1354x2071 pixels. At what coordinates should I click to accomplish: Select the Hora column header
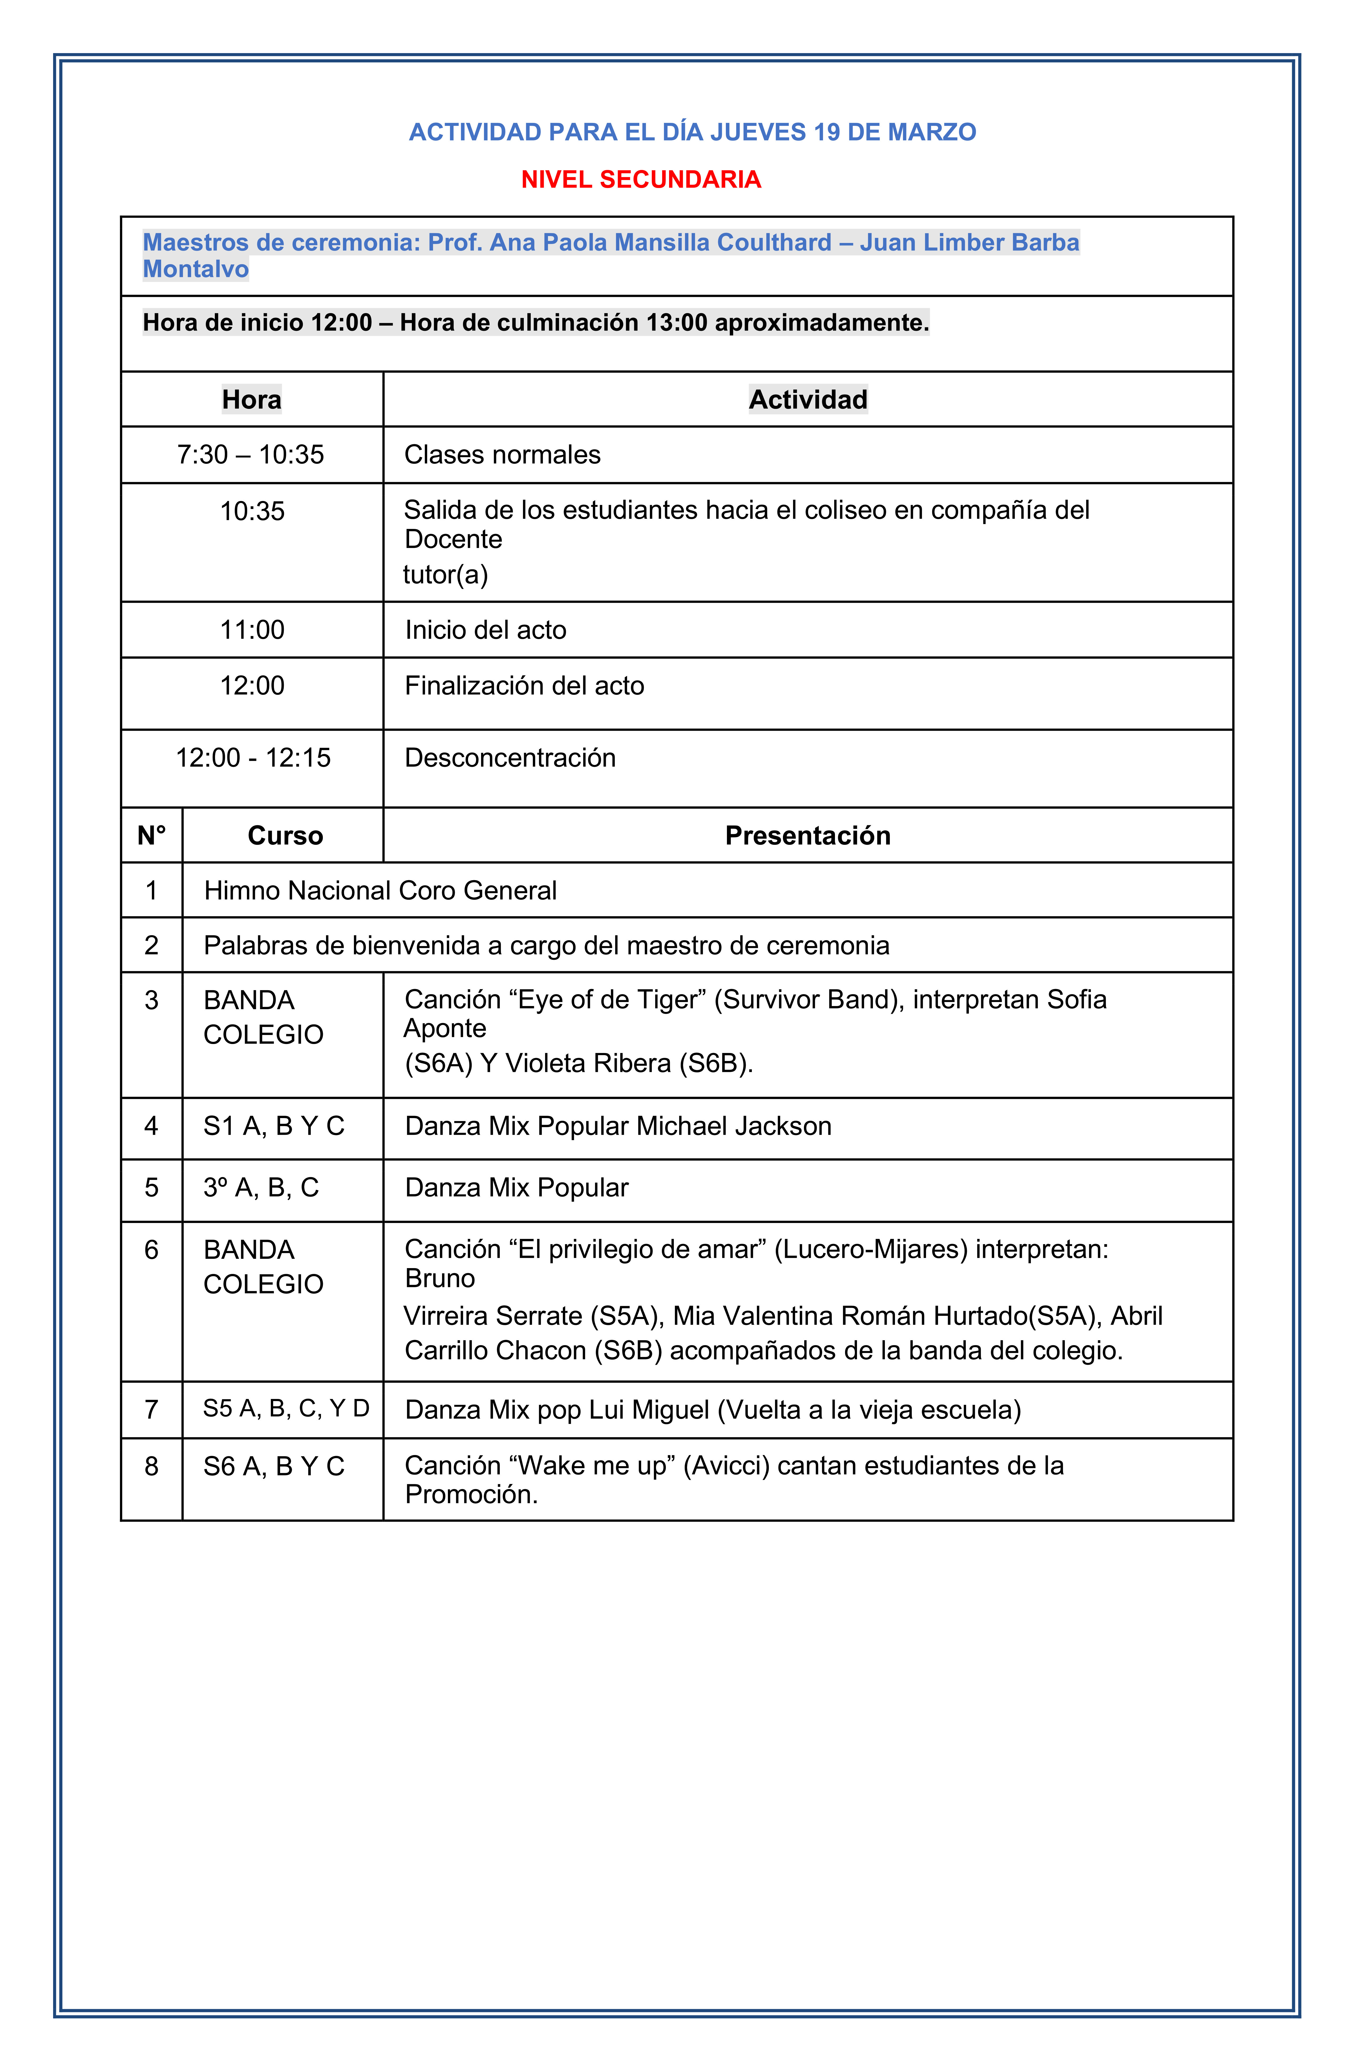pos(251,399)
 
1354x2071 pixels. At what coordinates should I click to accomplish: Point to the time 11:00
pos(252,629)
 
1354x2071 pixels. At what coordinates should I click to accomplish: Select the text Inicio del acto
pos(486,629)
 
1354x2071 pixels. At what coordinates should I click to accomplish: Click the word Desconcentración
pos(510,757)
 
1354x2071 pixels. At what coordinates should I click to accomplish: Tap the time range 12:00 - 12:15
pos(253,757)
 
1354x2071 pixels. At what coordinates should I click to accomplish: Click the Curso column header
pos(285,835)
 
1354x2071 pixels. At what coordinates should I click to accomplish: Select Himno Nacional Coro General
pos(380,890)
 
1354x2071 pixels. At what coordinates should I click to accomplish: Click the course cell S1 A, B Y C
pos(274,1126)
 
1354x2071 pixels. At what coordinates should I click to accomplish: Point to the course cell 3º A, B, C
pos(261,1187)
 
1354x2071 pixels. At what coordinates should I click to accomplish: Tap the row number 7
pos(151,1409)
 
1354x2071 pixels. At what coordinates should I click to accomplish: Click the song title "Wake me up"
pos(596,1465)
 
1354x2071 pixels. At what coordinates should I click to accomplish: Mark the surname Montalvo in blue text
pos(196,269)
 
